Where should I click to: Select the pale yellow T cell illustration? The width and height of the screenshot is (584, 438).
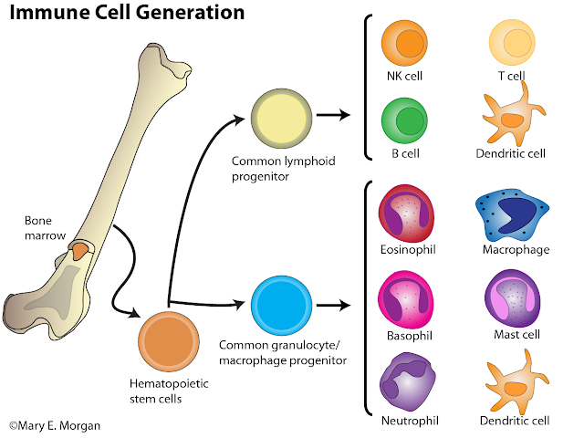[x=509, y=43]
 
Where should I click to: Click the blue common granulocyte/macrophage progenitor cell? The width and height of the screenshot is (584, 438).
[x=282, y=301]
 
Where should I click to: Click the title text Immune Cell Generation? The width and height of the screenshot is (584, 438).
[x=128, y=13]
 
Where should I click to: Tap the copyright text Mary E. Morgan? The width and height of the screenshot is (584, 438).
[x=57, y=425]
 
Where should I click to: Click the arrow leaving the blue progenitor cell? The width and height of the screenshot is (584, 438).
[x=332, y=302]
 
